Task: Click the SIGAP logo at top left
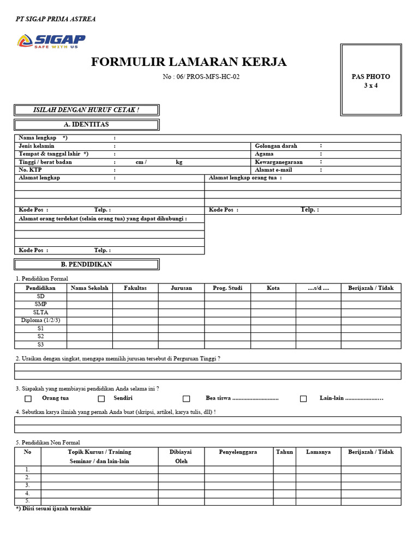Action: click(x=51, y=41)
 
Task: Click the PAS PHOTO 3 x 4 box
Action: click(x=370, y=80)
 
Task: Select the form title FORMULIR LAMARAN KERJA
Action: click(x=188, y=62)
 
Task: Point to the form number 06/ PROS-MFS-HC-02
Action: click(x=201, y=77)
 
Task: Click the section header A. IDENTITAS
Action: click(x=86, y=125)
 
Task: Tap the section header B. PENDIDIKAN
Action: click(x=86, y=264)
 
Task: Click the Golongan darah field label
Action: click(x=276, y=146)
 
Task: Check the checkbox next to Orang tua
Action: click(x=28, y=399)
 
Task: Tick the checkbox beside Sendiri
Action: click(x=101, y=399)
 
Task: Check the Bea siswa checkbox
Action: click(x=187, y=399)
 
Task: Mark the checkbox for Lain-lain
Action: click(x=303, y=399)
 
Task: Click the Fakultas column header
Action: click(x=135, y=288)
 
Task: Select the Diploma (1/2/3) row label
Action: click(x=41, y=320)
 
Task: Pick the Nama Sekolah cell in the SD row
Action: click(x=89, y=296)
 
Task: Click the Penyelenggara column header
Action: click(x=238, y=452)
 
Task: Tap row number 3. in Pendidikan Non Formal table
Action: click(x=27, y=486)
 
